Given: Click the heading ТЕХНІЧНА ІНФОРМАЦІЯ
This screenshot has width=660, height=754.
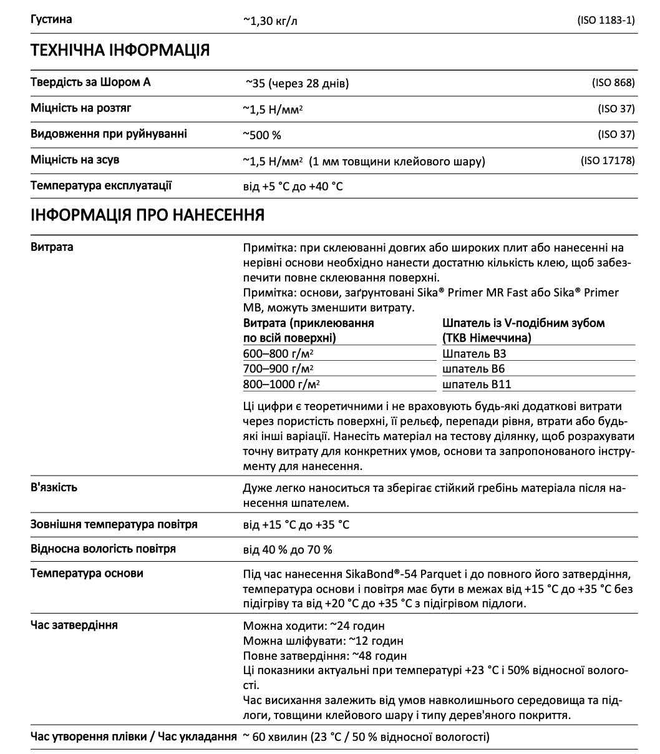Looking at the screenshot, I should (120, 51).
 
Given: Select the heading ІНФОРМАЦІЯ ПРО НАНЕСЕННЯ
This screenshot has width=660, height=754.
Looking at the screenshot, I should (147, 215).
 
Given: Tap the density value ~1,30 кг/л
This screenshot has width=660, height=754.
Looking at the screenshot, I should (270, 20).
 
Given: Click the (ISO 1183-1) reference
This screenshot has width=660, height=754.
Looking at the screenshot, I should (606, 20).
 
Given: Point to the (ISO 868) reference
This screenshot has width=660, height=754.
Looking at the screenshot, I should (613, 83).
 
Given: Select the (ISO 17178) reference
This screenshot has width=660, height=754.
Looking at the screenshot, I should (608, 161).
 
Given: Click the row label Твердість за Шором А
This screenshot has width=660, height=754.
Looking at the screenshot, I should (90, 82).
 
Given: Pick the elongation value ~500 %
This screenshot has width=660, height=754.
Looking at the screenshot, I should (262, 135).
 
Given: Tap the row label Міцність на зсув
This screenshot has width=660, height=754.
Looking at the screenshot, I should (75, 160).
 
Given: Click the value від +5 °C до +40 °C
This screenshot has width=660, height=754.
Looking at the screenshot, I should (293, 187).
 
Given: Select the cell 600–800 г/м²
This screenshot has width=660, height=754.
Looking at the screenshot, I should (278, 353).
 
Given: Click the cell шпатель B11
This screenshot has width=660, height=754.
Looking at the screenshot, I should (476, 384).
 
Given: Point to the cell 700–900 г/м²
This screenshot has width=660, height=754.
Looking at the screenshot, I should (278, 369).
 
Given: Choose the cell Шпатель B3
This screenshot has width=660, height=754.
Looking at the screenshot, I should (473, 353).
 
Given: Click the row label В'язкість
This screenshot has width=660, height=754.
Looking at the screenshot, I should (54, 487).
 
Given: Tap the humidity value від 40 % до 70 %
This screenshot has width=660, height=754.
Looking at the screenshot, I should (287, 550).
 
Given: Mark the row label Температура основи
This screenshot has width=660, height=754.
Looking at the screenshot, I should (87, 574).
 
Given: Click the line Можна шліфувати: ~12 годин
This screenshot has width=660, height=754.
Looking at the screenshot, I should (323, 641).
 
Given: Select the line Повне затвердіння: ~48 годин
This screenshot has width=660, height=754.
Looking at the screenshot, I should (324, 656).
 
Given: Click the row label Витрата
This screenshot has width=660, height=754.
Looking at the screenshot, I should (52, 247).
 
